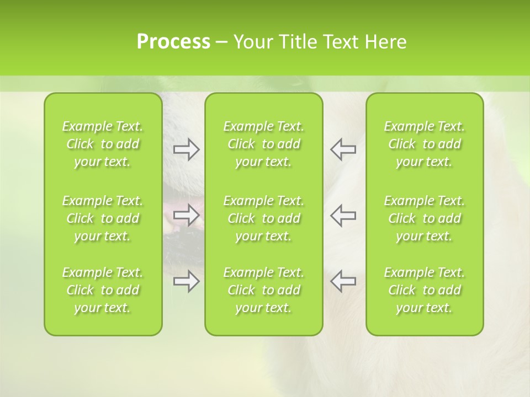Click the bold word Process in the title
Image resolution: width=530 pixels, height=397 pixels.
click(x=173, y=42)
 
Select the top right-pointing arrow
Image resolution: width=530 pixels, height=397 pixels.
click(x=187, y=149)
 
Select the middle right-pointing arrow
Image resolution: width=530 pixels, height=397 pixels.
click(x=187, y=215)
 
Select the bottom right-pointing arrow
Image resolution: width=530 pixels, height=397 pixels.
click(x=187, y=281)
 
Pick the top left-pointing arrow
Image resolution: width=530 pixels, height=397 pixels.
click(x=343, y=149)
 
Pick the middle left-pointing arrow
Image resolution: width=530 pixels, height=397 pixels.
click(x=343, y=215)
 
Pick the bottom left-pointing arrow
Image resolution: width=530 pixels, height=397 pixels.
click(x=343, y=281)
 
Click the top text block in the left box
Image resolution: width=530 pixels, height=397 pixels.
click(x=103, y=144)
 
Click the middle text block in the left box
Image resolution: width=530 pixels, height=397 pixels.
click(x=103, y=218)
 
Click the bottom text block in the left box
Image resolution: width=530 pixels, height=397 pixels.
click(x=103, y=290)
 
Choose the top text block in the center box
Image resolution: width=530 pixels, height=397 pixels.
click(x=264, y=144)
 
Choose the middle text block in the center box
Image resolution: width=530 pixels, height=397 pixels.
click(x=264, y=218)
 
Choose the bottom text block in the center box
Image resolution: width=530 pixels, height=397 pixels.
click(x=264, y=290)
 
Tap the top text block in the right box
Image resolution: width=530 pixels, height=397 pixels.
click(x=425, y=144)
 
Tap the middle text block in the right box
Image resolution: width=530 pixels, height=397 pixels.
click(x=425, y=218)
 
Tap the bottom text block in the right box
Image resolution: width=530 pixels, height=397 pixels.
click(x=425, y=290)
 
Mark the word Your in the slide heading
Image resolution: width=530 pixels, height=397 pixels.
click(x=253, y=42)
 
